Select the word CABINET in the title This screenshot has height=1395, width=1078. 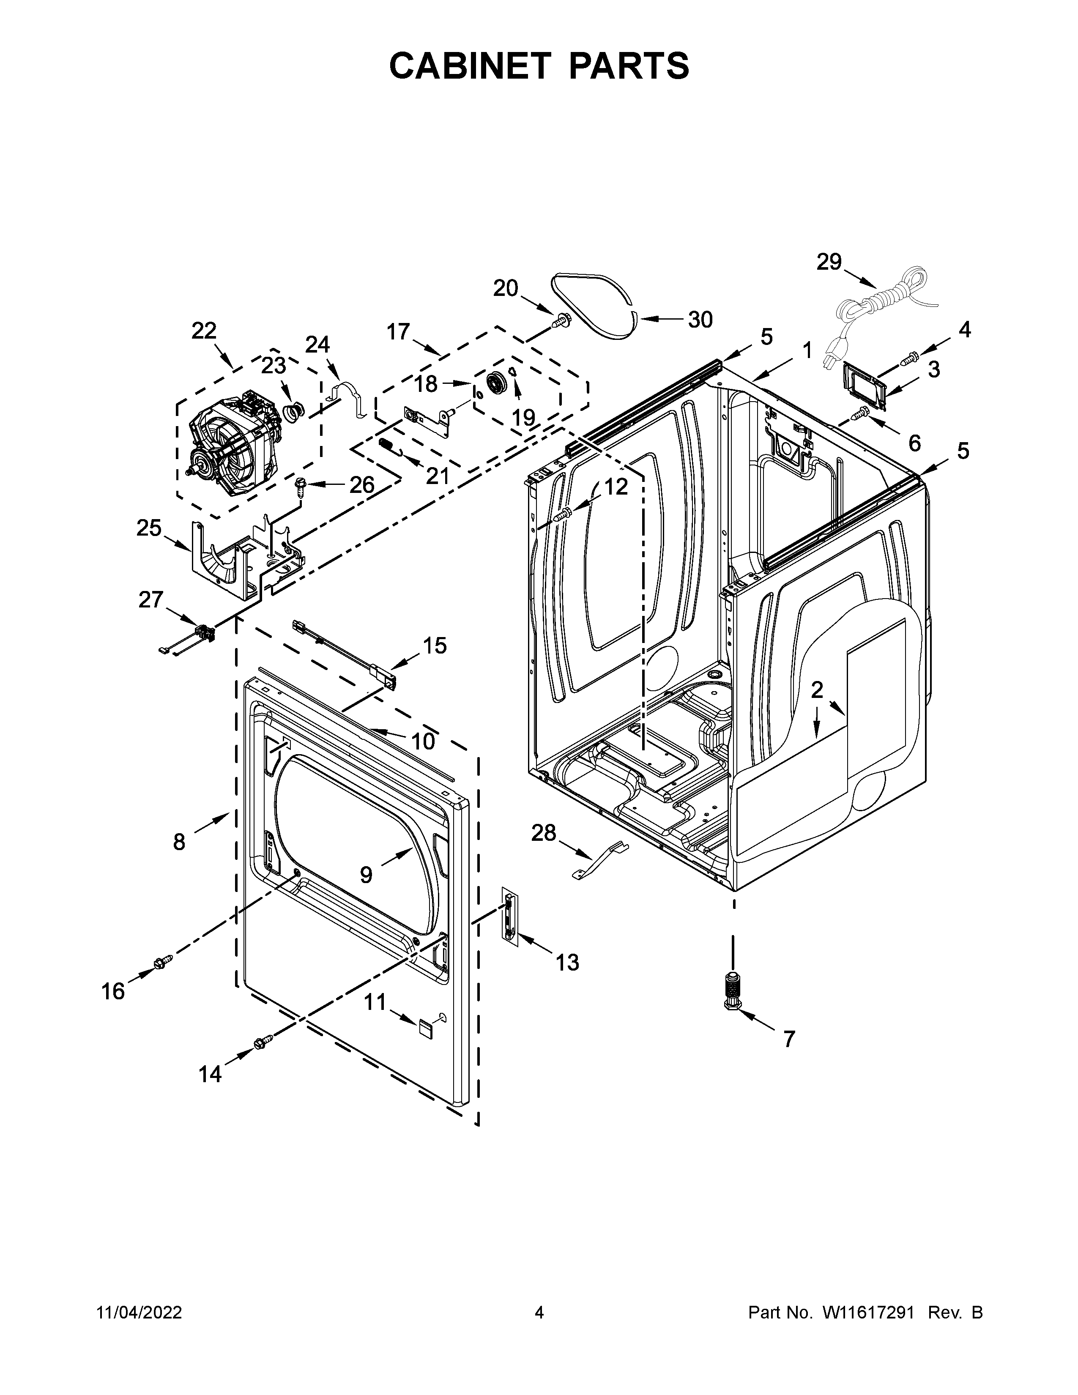point(469,66)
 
